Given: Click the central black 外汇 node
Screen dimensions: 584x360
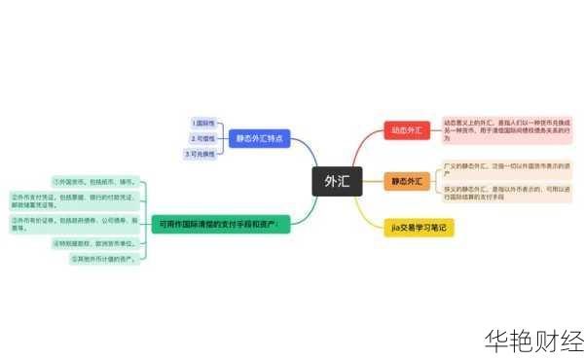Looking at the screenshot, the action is click(x=337, y=181).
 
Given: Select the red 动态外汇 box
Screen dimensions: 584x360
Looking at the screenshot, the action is click(x=407, y=130).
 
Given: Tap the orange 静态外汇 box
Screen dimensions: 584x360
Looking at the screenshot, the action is click(x=407, y=181).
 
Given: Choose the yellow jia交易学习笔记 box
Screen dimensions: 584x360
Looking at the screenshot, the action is click(x=419, y=227).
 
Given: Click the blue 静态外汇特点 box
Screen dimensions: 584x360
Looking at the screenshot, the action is click(x=260, y=139).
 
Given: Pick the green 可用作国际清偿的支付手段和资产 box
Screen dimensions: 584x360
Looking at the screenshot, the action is click(x=220, y=224).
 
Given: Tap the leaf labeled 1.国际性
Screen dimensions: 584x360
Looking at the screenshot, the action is click(x=204, y=124).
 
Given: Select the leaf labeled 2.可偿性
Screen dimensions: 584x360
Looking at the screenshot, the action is click(x=204, y=138).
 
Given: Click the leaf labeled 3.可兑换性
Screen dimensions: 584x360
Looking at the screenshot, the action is click(x=201, y=154).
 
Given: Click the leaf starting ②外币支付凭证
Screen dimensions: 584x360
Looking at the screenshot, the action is click(x=73, y=200).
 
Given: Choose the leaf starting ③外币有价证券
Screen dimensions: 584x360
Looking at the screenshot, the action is click(x=73, y=224).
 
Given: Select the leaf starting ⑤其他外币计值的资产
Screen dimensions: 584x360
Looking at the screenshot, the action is click(x=104, y=259).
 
